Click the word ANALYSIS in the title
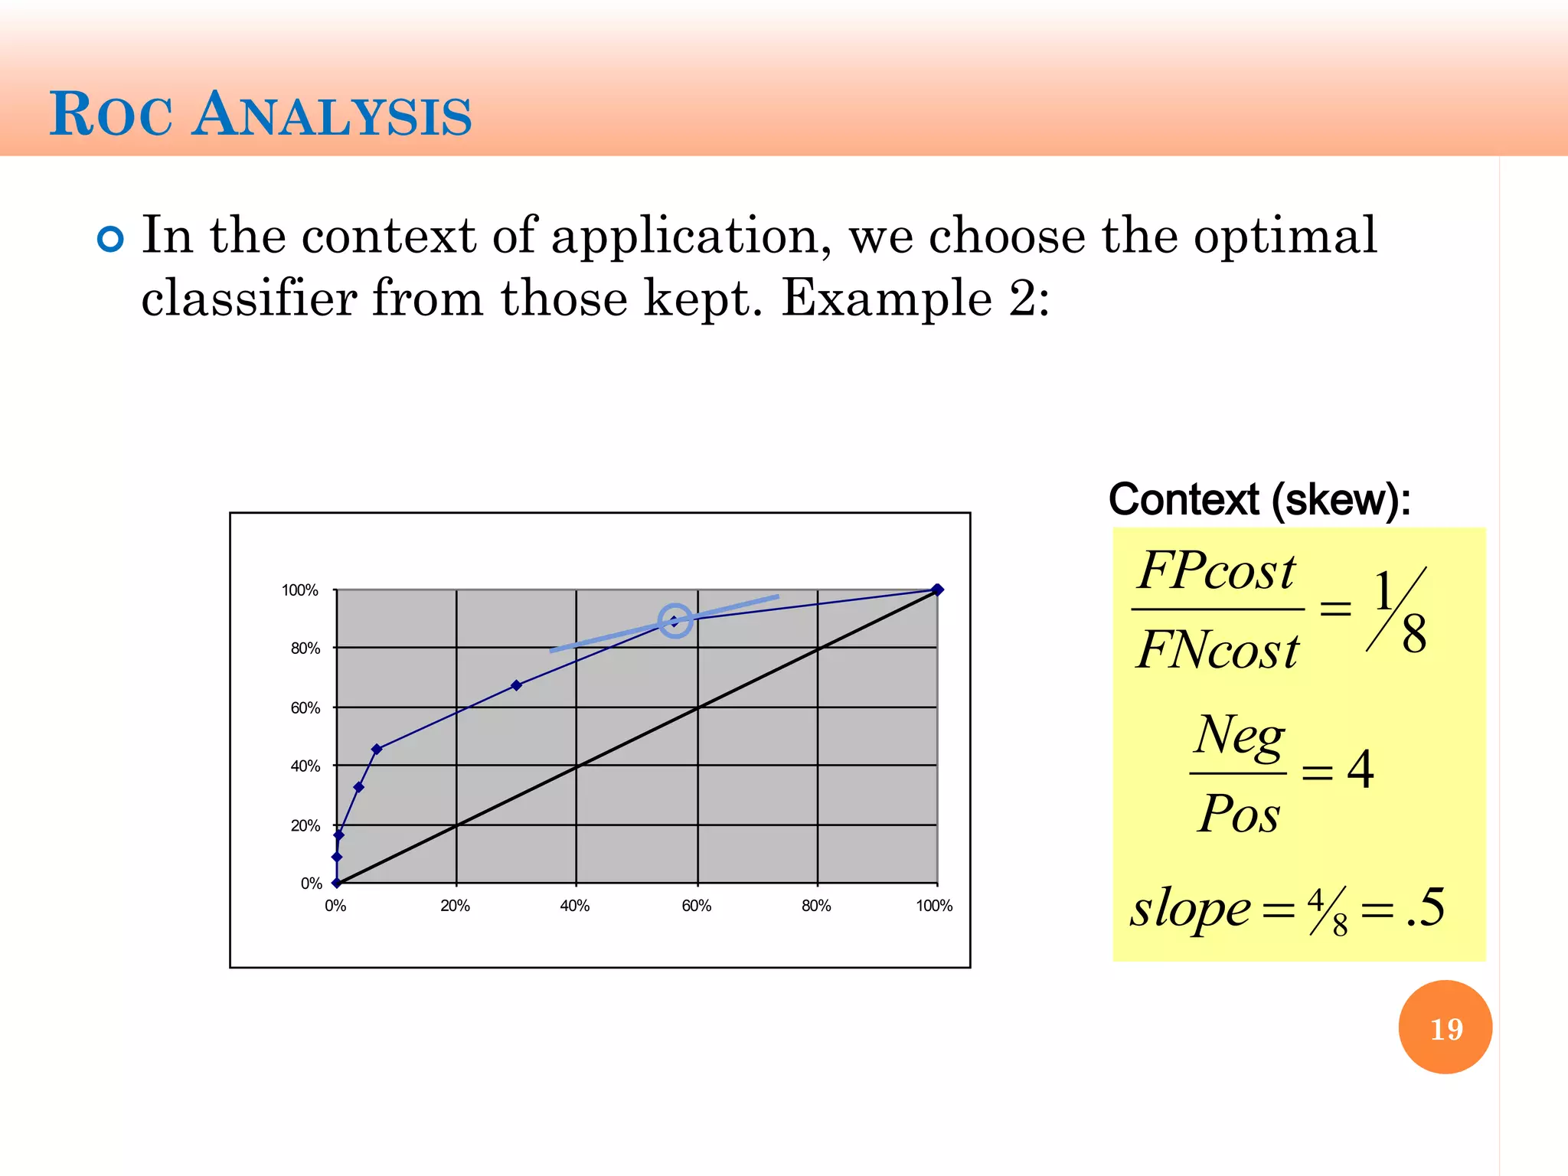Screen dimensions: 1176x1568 332,116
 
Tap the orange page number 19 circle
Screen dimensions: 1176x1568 1445,1027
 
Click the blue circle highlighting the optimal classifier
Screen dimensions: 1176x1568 675,620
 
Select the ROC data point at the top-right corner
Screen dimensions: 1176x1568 937,590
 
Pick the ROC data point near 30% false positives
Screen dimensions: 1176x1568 516,685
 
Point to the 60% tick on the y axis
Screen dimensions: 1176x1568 305,707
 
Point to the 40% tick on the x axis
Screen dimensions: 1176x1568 575,906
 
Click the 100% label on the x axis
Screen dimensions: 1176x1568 934,906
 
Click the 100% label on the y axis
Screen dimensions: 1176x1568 299,590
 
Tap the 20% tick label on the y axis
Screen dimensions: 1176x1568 305,825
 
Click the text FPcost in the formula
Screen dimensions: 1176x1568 1216,571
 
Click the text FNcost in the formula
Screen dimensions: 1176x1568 1217,651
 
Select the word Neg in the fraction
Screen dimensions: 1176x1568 1240,736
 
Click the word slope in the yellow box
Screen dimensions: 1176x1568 1191,909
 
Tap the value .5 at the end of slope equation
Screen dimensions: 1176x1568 1426,908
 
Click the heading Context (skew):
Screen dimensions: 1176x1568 1259,500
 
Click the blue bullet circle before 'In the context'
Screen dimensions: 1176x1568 111,240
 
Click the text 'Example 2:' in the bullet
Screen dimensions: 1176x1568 916,299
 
